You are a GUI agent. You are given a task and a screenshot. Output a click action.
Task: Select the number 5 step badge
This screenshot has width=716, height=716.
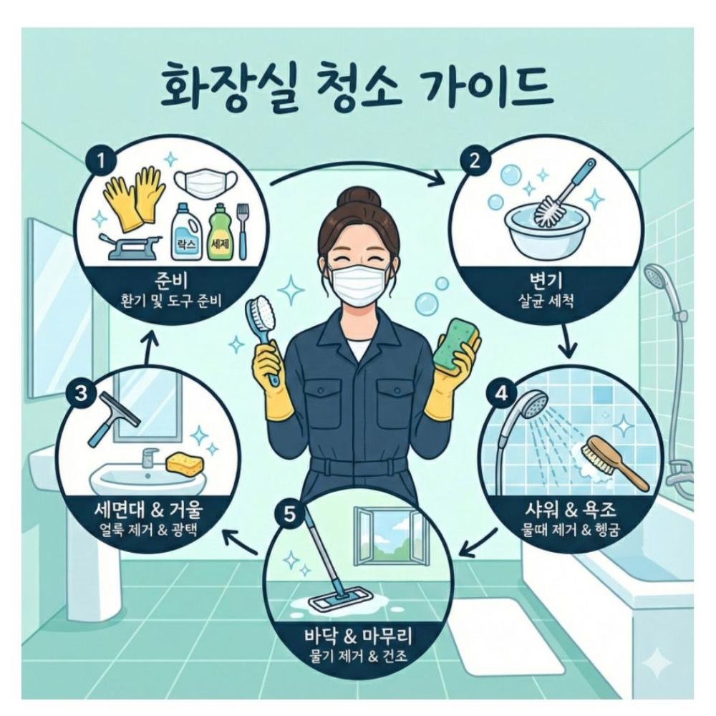[290, 516]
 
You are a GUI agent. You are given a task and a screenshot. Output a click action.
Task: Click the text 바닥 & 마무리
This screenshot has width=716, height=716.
[360, 634]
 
